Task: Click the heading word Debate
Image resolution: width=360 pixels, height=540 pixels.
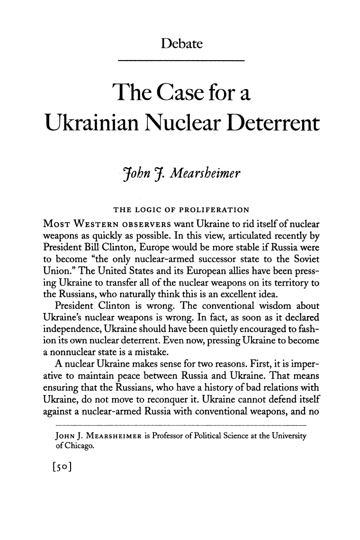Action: coord(182,45)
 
